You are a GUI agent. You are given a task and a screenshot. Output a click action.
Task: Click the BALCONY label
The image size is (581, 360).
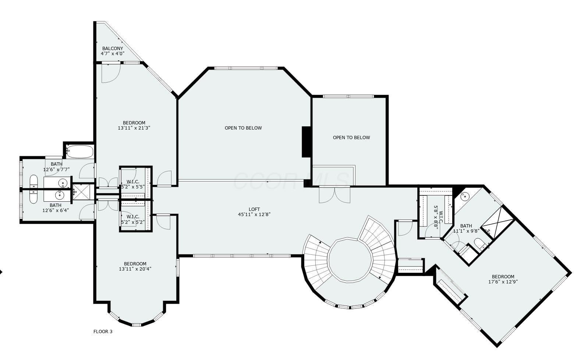pos(113,48)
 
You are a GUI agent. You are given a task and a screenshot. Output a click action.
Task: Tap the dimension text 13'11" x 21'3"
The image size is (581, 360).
pos(134,128)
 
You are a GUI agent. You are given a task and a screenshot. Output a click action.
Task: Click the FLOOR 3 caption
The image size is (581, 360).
pos(103,331)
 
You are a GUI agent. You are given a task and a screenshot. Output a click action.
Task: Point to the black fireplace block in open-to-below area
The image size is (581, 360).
pos(307,142)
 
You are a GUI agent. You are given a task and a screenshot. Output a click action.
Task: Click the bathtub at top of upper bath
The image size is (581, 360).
pos(79,151)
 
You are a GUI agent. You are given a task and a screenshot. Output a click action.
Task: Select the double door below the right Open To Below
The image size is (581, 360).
pos(334,194)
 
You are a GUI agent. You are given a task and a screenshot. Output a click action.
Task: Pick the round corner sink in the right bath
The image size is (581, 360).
pos(464,196)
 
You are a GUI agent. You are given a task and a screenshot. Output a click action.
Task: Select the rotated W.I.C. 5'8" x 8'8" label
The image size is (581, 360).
pos(436,217)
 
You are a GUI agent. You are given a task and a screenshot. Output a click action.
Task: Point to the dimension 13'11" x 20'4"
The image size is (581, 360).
pos(135,269)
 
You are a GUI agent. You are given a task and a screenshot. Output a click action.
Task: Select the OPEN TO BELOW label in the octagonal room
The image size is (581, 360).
pos(243,128)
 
